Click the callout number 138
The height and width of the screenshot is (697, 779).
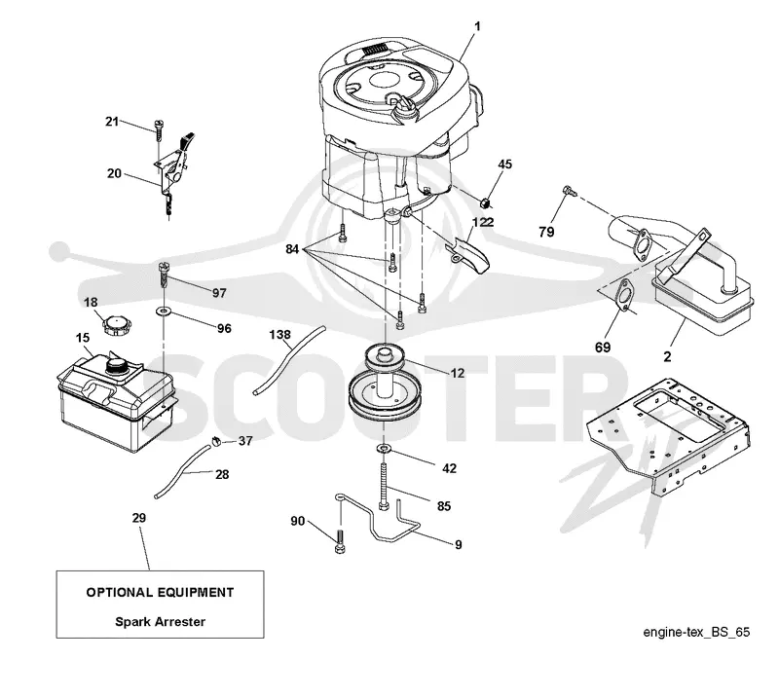tap(279, 335)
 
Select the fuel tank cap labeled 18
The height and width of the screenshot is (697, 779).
tap(117, 326)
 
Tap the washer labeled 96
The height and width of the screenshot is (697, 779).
tap(163, 312)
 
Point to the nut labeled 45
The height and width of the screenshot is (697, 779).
tap(486, 202)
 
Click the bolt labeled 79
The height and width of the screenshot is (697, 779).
tap(569, 190)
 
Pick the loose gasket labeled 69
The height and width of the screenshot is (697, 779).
tap(622, 295)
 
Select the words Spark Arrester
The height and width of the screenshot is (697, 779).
tap(160, 621)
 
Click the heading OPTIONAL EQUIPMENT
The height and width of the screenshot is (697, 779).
tap(160, 592)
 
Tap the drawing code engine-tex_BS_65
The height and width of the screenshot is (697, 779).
tap(696, 632)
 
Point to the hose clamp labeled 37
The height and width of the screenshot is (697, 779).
tap(215, 441)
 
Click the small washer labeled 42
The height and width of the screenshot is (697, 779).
tap(384, 449)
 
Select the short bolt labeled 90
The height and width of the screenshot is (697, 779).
tap(340, 542)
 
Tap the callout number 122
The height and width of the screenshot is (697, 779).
tap(483, 222)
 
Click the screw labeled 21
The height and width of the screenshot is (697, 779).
tap(159, 130)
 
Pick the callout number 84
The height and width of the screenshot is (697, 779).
tap(292, 248)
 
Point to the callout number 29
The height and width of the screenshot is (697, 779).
tap(139, 518)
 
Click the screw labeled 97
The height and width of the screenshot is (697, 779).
tap(165, 279)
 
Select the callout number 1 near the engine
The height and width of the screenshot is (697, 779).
tap(477, 26)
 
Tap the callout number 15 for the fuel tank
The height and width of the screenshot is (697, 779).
tap(83, 338)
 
